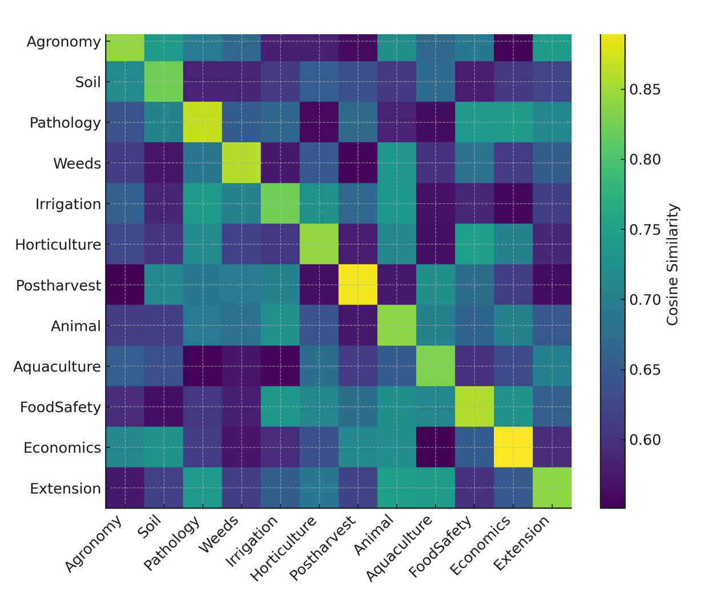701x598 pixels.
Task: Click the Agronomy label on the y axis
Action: click(x=63, y=42)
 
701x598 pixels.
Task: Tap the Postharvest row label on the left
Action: click(x=58, y=285)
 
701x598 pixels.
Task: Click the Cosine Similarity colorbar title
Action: click(x=673, y=265)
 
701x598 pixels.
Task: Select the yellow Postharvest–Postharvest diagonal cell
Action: click(x=358, y=285)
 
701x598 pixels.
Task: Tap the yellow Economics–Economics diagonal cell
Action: click(x=513, y=448)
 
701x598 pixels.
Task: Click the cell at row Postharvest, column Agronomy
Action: click(x=125, y=285)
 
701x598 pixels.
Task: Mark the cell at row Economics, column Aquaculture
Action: click(x=436, y=448)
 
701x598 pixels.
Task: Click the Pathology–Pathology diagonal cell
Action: click(x=203, y=123)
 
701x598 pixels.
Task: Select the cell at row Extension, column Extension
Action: click(x=552, y=488)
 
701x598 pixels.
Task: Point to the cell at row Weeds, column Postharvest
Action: click(x=358, y=164)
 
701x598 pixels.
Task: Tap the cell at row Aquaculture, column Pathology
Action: click(x=203, y=367)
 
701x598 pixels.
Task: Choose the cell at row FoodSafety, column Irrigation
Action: click(x=280, y=407)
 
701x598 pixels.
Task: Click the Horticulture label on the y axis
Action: click(x=58, y=245)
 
